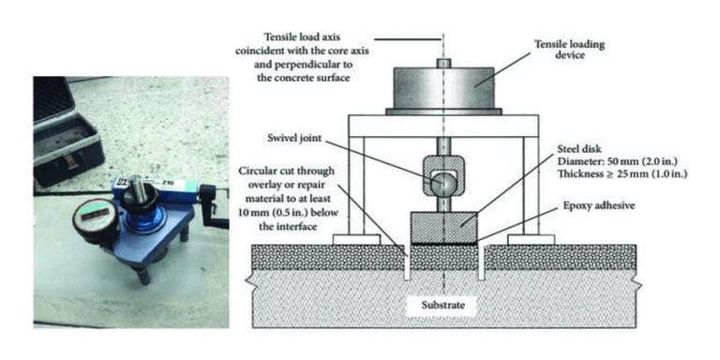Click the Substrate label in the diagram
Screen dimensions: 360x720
tap(442, 306)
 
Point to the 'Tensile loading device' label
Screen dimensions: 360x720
tap(573, 50)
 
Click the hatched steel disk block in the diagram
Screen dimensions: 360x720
tap(443, 226)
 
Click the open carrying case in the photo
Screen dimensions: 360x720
tap(65, 131)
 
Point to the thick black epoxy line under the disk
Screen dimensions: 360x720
tap(443, 243)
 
